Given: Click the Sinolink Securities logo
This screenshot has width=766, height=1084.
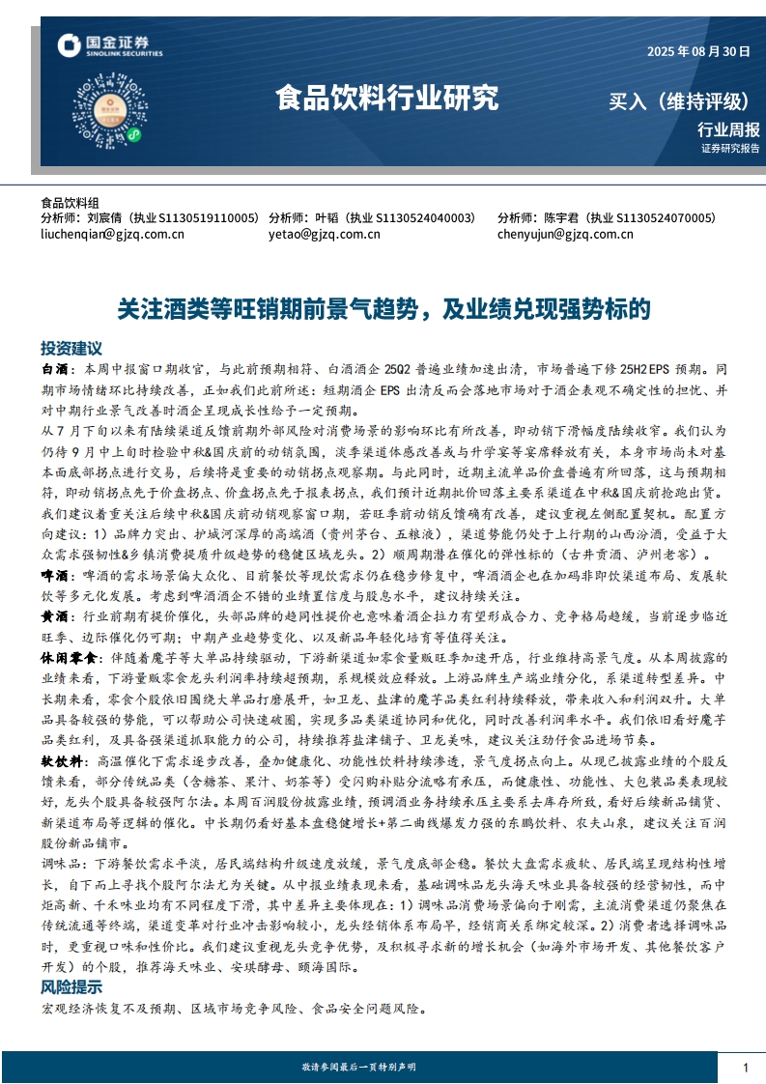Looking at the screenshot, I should pyautogui.click(x=108, y=45).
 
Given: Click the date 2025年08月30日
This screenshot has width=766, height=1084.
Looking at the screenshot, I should pyautogui.click(x=697, y=51).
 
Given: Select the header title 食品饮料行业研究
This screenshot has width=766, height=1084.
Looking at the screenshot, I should pyautogui.click(x=386, y=98).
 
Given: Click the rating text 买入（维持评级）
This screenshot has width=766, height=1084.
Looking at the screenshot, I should pyautogui.click(x=678, y=101).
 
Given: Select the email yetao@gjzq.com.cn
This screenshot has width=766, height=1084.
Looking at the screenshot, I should pyautogui.click(x=323, y=234).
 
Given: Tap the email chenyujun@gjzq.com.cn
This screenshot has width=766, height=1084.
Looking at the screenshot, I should pyautogui.click(x=565, y=234).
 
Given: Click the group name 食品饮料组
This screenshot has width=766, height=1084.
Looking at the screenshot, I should pyautogui.click(x=70, y=204).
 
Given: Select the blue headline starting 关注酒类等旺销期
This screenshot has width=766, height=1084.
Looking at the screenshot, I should pyautogui.click(x=383, y=308).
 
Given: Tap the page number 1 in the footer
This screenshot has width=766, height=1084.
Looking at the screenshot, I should pyautogui.click(x=746, y=1067).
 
